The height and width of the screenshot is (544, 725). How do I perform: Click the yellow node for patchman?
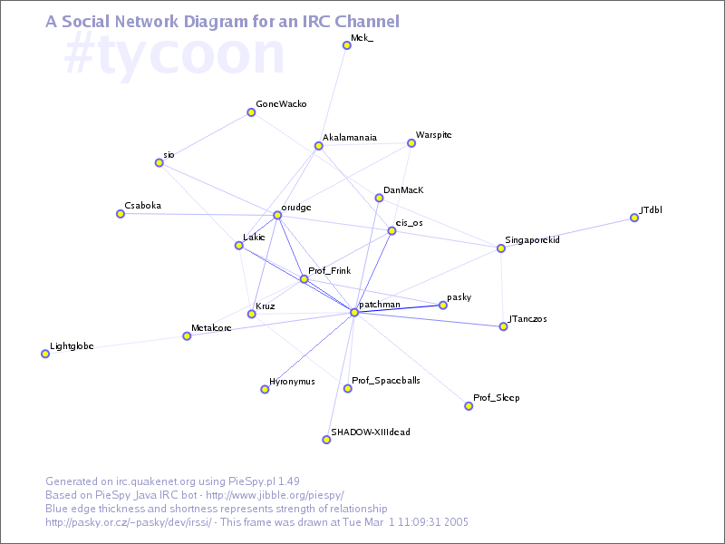pyautogui.click(x=354, y=313)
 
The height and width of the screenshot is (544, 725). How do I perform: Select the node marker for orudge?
pyautogui.click(x=277, y=215)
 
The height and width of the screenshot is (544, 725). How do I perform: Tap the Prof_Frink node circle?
pyautogui.click(x=304, y=278)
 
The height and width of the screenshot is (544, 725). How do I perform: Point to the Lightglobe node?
pyautogui.click(x=45, y=354)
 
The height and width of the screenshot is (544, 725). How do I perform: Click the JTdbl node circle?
pyautogui.click(x=634, y=218)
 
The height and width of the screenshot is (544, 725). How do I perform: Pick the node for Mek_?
pyautogui.click(x=346, y=45)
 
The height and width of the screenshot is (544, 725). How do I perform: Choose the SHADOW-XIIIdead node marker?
pyautogui.click(x=326, y=440)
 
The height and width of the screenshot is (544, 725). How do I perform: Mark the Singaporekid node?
pyautogui.click(x=500, y=248)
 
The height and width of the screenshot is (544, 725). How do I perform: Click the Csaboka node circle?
pyautogui.click(x=120, y=214)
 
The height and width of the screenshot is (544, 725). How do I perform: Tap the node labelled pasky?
pyautogui.click(x=442, y=306)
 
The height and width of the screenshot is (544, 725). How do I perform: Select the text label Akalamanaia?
pyautogui.click(x=350, y=138)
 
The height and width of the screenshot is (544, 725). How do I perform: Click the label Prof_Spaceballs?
pyautogui.click(x=386, y=381)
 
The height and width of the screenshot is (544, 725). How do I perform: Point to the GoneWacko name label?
pyautogui.click(x=281, y=104)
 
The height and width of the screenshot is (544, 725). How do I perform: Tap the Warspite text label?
pyautogui.click(x=433, y=135)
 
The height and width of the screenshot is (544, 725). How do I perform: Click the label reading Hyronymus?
pyautogui.click(x=292, y=382)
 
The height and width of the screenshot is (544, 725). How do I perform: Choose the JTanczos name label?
pyautogui.click(x=527, y=319)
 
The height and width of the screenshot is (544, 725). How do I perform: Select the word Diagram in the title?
pyautogui.click(x=226, y=21)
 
